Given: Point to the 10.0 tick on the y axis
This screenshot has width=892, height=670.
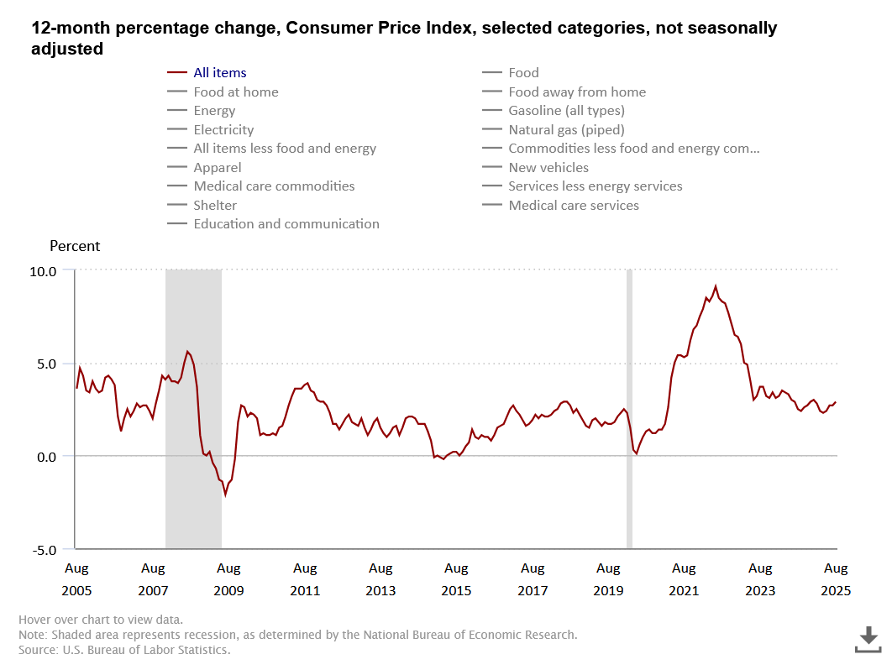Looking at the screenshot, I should pyautogui.click(x=44, y=271).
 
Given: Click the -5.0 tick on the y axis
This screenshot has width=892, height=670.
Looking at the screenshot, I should pyautogui.click(x=44, y=550).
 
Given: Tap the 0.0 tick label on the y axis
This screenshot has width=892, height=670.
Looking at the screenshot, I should pyautogui.click(x=45, y=457).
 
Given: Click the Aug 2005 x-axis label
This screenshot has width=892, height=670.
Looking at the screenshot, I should pyautogui.click(x=76, y=579).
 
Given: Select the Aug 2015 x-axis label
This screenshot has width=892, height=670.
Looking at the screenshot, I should pyautogui.click(x=456, y=579).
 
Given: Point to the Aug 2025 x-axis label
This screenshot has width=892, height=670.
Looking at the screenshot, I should pyautogui.click(x=836, y=579).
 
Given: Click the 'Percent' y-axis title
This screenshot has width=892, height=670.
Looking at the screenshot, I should pyautogui.click(x=75, y=246).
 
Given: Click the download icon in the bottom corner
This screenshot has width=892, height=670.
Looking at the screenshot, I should pyautogui.click(x=868, y=639).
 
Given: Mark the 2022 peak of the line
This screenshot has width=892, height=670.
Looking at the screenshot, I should pyautogui.click(x=716, y=286).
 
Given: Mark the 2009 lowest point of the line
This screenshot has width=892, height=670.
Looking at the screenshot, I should pyautogui.click(x=225, y=495).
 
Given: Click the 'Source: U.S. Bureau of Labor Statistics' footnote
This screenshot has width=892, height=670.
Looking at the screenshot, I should pyautogui.click(x=124, y=650).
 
